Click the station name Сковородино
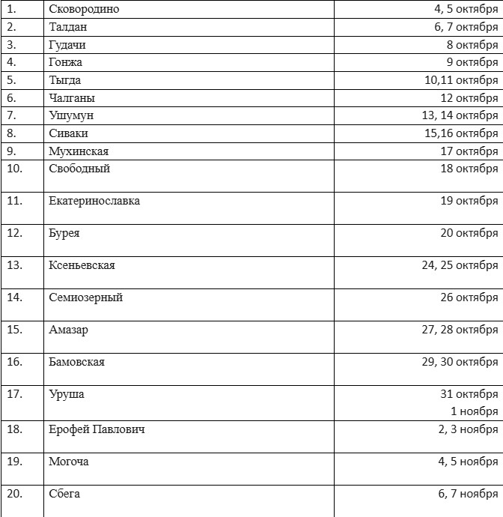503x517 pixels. (x=84, y=10)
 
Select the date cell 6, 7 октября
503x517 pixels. (x=466, y=27)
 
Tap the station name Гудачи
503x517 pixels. (x=67, y=45)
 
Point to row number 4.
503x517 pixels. (x=11, y=62)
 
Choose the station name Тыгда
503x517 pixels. (x=65, y=80)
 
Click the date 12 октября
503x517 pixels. (x=469, y=98)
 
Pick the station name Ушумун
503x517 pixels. (x=70, y=115)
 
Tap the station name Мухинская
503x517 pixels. (x=79, y=151)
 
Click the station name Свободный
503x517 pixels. (x=79, y=169)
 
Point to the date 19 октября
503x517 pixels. (x=469, y=201)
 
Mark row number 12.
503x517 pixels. (x=14, y=233)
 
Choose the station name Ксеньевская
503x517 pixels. (x=82, y=265)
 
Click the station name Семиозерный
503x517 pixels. (x=85, y=297)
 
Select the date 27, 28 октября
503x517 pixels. (x=460, y=330)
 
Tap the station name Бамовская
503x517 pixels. (x=76, y=362)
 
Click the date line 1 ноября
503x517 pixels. (x=474, y=411)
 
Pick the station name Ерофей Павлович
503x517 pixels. (x=97, y=429)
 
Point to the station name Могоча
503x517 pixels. (x=69, y=462)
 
